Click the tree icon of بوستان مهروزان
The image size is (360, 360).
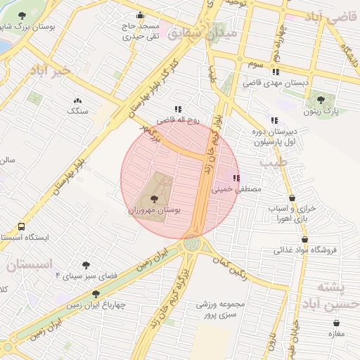pos(154,200)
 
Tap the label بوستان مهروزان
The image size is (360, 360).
pos(155,210)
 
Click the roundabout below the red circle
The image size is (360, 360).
pos(191,244)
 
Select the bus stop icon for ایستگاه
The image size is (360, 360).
pos(21,227)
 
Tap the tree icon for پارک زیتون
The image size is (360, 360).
pos(321,101)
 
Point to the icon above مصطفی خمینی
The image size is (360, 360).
pos(236,178)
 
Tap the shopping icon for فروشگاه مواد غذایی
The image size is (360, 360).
pos(304,239)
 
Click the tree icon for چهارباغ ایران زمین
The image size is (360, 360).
pos(96,295)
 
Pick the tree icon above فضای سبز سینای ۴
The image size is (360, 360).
pos(86,265)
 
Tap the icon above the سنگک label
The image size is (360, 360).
pos(77,101)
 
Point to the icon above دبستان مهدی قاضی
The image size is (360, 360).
pos(276,72)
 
